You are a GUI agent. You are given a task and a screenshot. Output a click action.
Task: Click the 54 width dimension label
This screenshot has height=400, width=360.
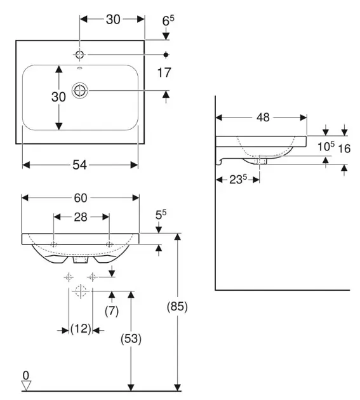[79, 165]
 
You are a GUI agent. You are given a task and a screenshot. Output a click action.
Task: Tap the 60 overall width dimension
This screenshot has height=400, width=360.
[81, 197]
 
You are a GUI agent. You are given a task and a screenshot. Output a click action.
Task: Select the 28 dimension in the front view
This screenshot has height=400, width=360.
[81, 217]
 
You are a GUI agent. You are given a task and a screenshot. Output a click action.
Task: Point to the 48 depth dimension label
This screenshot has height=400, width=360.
[263, 117]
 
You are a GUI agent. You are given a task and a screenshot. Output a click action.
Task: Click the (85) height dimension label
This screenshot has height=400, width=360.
[177, 306]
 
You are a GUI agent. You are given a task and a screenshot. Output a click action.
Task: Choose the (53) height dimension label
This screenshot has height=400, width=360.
[131, 338]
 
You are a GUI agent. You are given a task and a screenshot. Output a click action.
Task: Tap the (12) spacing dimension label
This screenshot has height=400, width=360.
[81, 329]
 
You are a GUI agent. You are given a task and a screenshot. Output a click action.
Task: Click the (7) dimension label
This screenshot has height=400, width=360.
[112, 311]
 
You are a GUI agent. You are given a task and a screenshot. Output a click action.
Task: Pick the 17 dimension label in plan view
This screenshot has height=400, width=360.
[164, 73]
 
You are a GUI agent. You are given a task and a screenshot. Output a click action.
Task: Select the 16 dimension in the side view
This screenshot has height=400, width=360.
[344, 149]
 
